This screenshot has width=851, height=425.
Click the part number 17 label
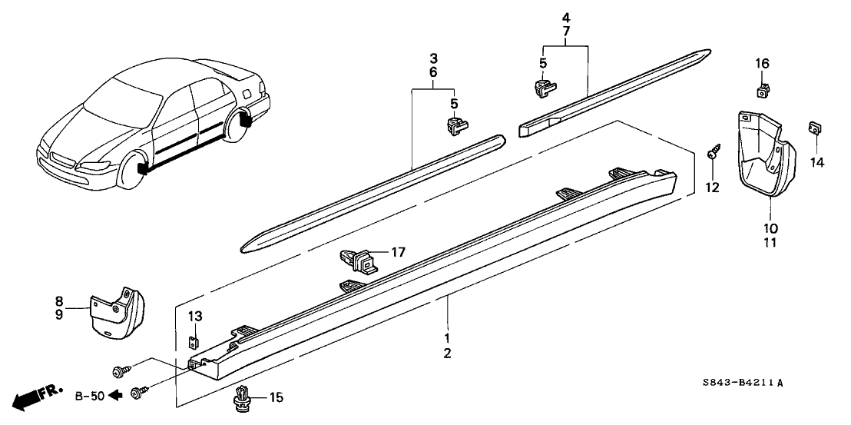point(399,251)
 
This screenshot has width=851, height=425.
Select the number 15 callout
point(276,397)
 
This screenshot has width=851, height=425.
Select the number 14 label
point(816,162)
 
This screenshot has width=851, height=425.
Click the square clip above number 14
point(815,128)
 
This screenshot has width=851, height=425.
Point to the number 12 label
point(713,187)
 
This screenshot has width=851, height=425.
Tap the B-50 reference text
point(88,397)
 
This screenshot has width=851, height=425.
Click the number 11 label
point(770,243)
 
